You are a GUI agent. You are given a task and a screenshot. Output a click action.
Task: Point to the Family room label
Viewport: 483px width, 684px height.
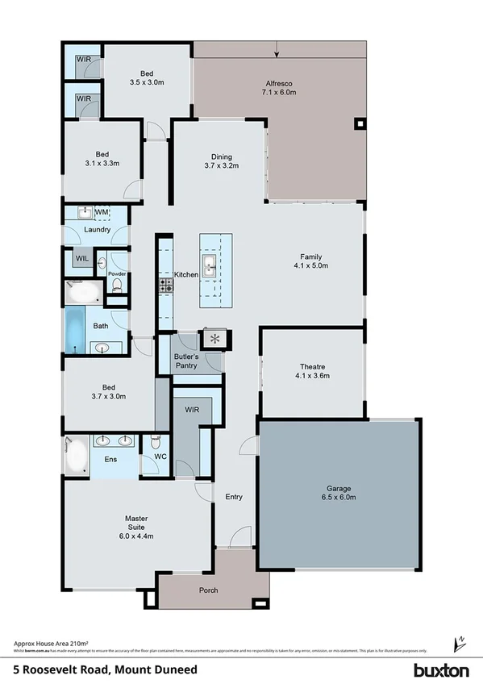click(310, 260)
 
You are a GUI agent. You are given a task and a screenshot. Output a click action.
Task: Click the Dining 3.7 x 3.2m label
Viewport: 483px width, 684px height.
click(221, 161)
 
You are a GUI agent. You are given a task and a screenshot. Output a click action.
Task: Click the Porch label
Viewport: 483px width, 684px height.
click(209, 590)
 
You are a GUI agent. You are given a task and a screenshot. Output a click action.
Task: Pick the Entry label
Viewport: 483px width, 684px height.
click(233, 497)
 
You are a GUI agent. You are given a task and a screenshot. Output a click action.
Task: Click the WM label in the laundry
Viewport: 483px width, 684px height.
click(102, 212)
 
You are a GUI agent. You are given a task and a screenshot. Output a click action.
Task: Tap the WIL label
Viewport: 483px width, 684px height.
click(82, 258)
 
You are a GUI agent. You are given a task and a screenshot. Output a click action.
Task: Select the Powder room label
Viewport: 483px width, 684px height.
click(117, 274)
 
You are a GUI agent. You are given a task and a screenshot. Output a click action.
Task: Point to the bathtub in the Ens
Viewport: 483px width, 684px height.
click(77, 457)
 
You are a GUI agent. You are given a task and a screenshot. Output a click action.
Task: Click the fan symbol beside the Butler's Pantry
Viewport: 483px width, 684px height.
click(215, 338)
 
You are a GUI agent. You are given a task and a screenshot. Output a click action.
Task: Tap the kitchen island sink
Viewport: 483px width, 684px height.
click(209, 265)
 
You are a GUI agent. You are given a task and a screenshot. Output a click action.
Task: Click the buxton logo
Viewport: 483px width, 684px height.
click(441, 669)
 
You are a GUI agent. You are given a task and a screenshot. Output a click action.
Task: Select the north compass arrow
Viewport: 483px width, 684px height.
click(461, 643)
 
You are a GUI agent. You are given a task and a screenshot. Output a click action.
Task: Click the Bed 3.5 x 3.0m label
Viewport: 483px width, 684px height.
click(148, 77)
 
